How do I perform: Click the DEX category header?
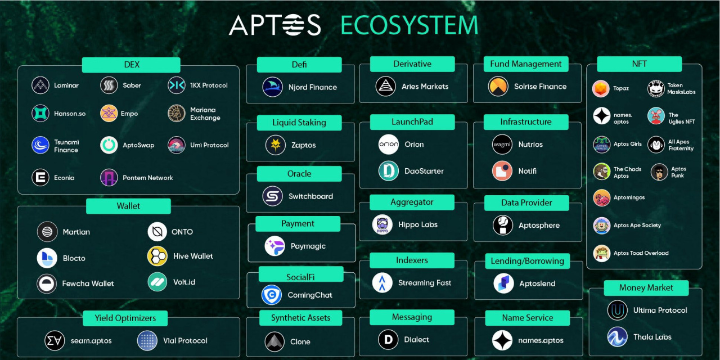(x=131, y=65)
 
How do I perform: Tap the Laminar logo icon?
(x=40, y=85)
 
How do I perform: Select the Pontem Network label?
(x=148, y=178)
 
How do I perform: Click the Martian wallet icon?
(x=47, y=232)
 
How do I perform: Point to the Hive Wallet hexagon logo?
(x=157, y=256)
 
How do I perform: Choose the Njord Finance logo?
(x=273, y=87)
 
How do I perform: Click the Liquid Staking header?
(x=299, y=123)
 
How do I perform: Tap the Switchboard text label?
(x=310, y=196)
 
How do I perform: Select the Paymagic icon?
(x=274, y=246)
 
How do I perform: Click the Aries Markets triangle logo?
(x=386, y=87)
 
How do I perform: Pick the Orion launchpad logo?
(x=389, y=145)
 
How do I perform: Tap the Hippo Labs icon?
(x=382, y=224)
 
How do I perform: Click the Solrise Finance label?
(x=540, y=87)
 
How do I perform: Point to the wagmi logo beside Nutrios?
(x=502, y=145)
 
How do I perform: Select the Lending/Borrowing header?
(x=527, y=261)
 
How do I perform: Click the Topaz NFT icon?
(x=601, y=88)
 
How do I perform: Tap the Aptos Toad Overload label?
(x=641, y=253)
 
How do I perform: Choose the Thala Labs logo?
(x=617, y=337)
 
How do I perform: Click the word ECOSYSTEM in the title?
(x=409, y=26)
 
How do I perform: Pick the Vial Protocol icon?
(x=147, y=340)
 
